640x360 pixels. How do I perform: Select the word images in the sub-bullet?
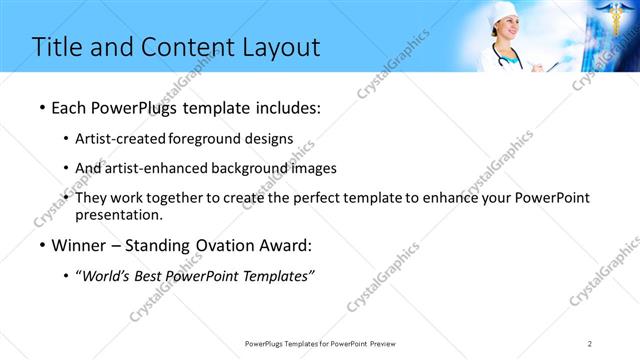coord(314,168)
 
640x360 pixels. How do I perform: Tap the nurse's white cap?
coord(496,12)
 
